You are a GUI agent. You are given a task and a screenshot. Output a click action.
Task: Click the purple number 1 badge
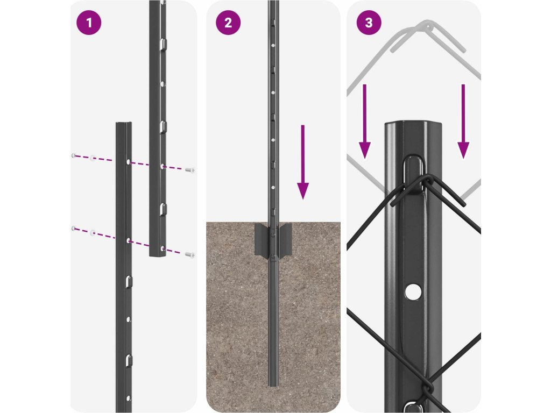[89, 23]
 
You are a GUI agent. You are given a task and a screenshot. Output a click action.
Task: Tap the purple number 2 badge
[228, 23]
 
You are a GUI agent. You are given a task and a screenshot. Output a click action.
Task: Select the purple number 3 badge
[369, 23]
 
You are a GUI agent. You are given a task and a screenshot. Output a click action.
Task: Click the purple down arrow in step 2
[303, 162]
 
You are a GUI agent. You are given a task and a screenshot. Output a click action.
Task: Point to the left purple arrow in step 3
[365, 122]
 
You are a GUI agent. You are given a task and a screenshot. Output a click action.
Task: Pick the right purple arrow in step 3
[463, 122]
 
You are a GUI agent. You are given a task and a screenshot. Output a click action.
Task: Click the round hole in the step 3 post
[413, 292]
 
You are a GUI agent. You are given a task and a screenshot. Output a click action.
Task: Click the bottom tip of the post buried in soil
[273, 386]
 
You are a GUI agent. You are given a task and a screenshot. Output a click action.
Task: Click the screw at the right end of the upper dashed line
[190, 170]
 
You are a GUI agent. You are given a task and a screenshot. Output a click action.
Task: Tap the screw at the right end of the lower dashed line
[190, 254]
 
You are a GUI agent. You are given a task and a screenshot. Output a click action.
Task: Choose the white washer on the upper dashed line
[93, 158]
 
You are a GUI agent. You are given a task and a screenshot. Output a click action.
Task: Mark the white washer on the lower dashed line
[93, 232]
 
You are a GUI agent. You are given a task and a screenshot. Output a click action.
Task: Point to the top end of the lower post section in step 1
[124, 123]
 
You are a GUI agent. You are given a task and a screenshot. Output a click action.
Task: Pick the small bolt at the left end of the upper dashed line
[74, 155]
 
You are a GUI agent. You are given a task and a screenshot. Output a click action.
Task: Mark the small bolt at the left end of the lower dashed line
[74, 229]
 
